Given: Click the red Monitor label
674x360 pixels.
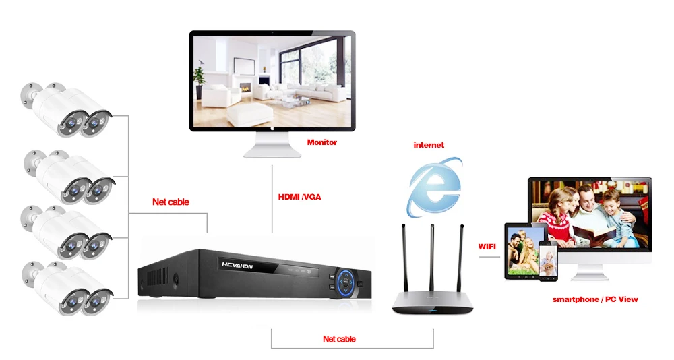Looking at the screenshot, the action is pos(322,142).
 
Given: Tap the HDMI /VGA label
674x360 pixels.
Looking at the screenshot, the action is pos(300,197).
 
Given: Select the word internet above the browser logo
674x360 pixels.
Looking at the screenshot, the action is pos(429,145).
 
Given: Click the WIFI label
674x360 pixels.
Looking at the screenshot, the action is pos(487,247).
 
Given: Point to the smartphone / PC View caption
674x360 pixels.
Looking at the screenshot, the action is pos(595,300).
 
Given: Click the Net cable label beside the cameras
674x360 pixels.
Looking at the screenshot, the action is pos(171,202).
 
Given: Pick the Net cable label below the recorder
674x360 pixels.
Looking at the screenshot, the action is pos(339,339).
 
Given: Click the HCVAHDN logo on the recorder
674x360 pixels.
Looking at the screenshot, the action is pos(237,266).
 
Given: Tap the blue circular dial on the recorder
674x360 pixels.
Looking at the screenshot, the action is pos(346,282).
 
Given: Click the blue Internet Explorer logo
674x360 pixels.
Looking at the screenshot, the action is pos(435,187).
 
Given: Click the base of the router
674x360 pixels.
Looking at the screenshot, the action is pos(433,303).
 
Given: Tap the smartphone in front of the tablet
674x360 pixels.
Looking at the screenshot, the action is pos(548,261).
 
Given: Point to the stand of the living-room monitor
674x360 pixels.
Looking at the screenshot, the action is pos(272,145).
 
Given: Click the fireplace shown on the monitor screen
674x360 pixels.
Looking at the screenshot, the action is pos(245,88).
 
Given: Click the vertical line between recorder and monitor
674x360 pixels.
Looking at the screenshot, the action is pos(272,199).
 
